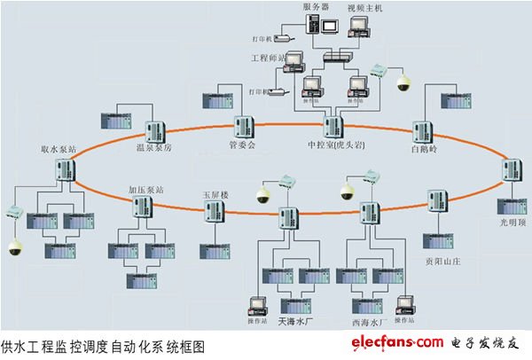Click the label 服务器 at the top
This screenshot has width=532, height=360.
(x=317, y=6)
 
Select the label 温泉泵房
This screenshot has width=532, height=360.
(x=153, y=147)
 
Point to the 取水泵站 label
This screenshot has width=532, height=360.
(x=59, y=150)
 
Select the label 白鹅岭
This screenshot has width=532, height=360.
(x=426, y=150)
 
